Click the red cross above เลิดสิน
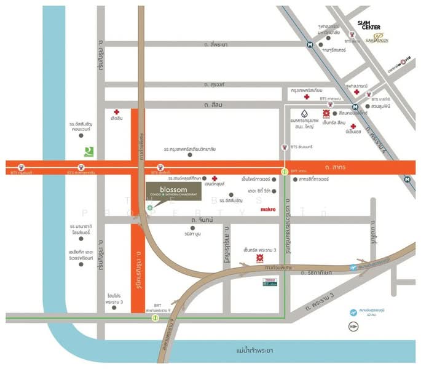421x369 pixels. (116, 112)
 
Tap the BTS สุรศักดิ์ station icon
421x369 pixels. (161, 166)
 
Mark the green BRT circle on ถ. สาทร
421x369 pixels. (284, 172)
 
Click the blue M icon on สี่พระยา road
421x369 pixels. (310, 45)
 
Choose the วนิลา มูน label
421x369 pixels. (176, 234)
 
